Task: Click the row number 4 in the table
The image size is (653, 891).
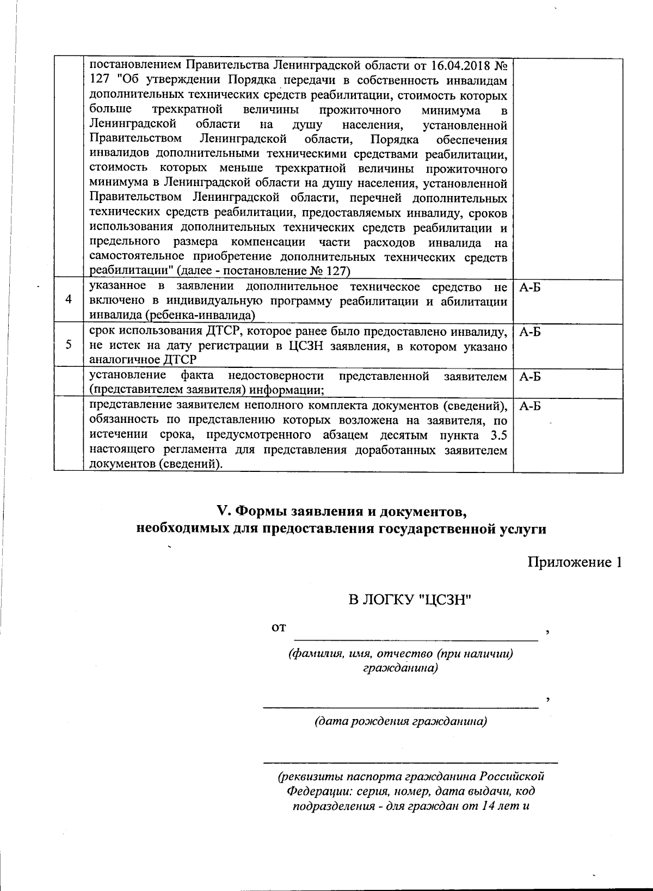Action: (x=68, y=300)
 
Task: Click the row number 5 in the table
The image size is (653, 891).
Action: (x=68, y=345)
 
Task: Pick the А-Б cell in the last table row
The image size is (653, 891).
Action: (x=530, y=406)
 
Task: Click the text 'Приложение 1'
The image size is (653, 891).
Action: (x=575, y=562)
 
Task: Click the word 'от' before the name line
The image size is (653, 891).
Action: (x=279, y=628)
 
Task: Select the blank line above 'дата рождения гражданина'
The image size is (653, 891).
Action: (x=401, y=707)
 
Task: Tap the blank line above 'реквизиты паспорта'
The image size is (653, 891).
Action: (x=410, y=761)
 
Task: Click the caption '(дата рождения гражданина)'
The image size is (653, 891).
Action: (x=401, y=722)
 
